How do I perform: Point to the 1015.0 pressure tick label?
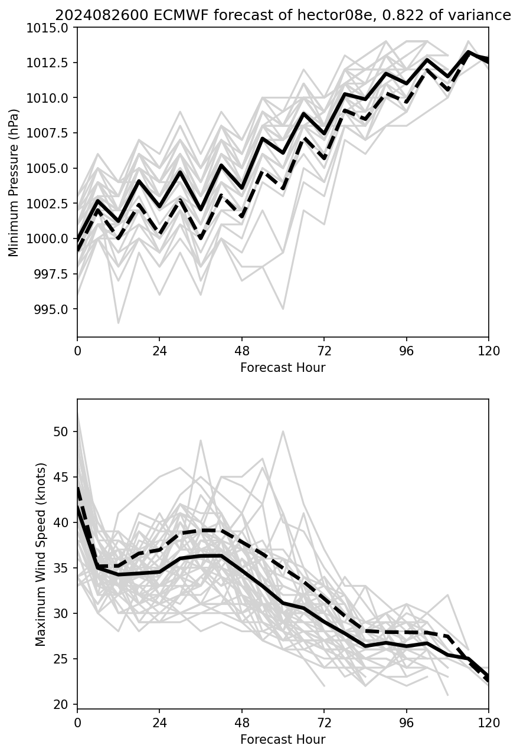[50, 27]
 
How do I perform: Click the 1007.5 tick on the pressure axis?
[50, 133]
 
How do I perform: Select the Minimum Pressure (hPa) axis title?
[14, 182]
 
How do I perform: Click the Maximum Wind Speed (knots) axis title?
[41, 554]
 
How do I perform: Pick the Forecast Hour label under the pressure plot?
[283, 368]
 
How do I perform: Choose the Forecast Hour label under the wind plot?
[283, 739]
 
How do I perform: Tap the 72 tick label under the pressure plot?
[323, 351]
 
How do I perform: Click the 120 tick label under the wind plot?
[488, 723]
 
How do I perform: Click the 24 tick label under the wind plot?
[159, 723]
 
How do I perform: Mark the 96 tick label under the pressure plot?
[406, 351]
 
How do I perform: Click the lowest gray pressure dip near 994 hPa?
[118, 323]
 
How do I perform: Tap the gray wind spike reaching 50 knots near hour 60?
[283, 432]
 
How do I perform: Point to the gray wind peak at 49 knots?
[201, 440]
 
